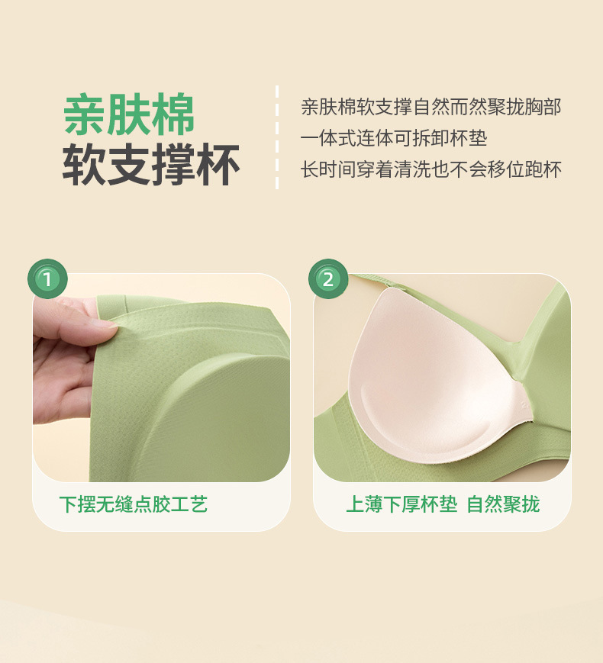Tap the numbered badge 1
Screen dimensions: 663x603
pyautogui.click(x=47, y=279)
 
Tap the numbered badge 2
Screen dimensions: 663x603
pyautogui.click(x=328, y=279)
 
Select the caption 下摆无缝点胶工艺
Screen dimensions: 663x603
pyautogui.click(x=134, y=504)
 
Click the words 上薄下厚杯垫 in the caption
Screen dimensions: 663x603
pyautogui.click(x=401, y=504)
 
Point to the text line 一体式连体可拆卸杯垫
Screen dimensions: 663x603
pyautogui.click(x=394, y=138)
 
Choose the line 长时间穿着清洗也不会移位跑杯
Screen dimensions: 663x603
pyautogui.click(x=431, y=169)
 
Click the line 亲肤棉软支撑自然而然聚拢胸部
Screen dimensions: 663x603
pyautogui.click(x=431, y=107)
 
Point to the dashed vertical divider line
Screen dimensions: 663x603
pyautogui.click(x=276, y=137)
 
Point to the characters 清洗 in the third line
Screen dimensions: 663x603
pyautogui.click(x=413, y=169)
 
